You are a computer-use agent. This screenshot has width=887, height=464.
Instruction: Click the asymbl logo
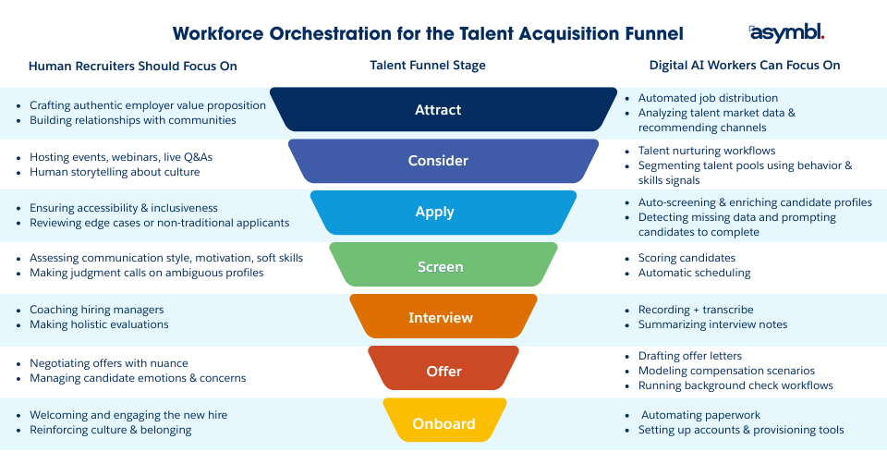point(786,33)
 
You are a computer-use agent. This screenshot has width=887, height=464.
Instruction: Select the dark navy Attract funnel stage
point(438,109)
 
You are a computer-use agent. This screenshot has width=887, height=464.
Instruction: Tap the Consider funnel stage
point(438,161)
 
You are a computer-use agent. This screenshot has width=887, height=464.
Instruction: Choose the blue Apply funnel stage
point(438,212)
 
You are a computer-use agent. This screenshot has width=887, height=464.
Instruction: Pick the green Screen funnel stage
point(438,266)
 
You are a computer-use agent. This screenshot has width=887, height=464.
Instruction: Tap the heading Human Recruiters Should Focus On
point(133,66)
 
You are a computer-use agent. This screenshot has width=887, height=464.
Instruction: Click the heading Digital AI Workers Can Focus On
point(745,66)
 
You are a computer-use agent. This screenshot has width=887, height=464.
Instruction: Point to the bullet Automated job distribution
point(708,98)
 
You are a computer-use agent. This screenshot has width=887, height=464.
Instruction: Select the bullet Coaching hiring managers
point(97,310)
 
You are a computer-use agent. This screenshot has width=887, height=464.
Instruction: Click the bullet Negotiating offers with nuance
point(109,363)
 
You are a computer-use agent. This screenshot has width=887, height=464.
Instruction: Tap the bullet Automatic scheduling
point(694,273)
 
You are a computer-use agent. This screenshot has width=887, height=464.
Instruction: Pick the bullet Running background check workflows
point(735,385)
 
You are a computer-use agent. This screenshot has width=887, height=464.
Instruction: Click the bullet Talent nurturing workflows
point(707,151)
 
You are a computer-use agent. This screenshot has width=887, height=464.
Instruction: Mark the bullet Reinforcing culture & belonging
point(111,430)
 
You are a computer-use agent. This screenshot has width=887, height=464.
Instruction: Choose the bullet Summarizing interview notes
point(712,324)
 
